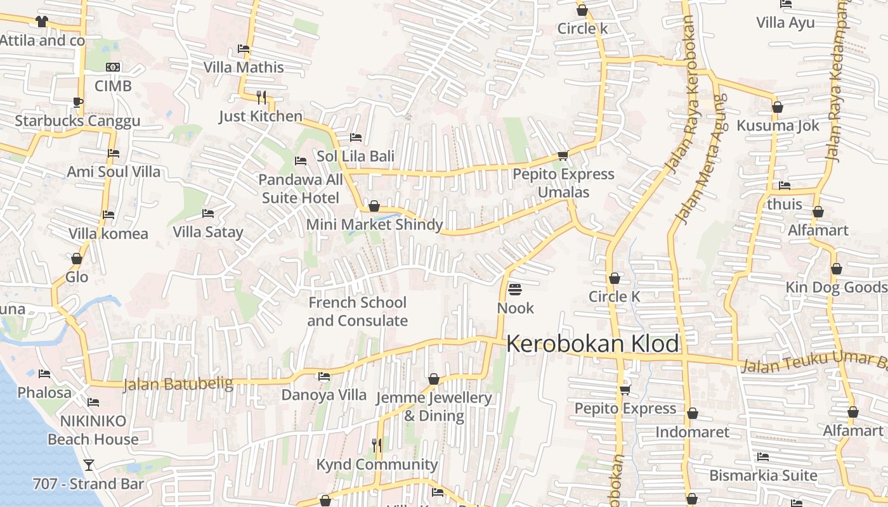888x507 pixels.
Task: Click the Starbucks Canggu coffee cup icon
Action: click(77, 102)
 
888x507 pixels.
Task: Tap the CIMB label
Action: click(113, 86)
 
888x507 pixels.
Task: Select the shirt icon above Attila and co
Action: click(42, 22)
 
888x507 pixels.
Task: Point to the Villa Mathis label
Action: click(244, 67)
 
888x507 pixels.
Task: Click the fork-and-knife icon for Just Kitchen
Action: click(261, 97)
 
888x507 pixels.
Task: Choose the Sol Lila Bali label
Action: click(356, 156)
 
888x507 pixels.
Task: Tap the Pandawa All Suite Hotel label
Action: click(301, 189)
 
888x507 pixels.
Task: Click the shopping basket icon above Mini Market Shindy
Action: click(374, 206)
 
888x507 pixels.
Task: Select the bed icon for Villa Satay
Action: click(207, 214)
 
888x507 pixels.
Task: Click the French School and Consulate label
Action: click(358, 311)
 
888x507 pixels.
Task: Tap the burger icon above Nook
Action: click(515, 290)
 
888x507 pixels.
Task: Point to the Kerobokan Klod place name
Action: click(592, 344)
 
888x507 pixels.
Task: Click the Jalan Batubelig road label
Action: click(178, 384)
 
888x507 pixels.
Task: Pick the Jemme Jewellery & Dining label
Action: click(434, 406)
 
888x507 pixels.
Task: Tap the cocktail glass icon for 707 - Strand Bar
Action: click(89, 465)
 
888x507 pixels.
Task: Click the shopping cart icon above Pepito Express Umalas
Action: click(562, 155)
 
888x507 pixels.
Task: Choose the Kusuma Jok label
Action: click(778, 125)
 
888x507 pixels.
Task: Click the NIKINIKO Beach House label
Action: click(93, 430)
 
